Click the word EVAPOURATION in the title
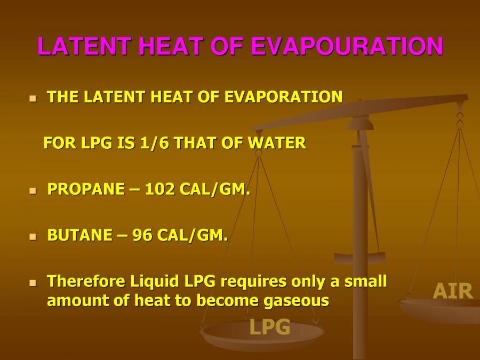pos(347,47)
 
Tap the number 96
pos(142,235)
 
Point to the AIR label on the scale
pos(453,291)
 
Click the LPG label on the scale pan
pos(270,327)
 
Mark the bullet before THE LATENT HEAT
pos(33,98)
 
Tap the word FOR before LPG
pos(57,143)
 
